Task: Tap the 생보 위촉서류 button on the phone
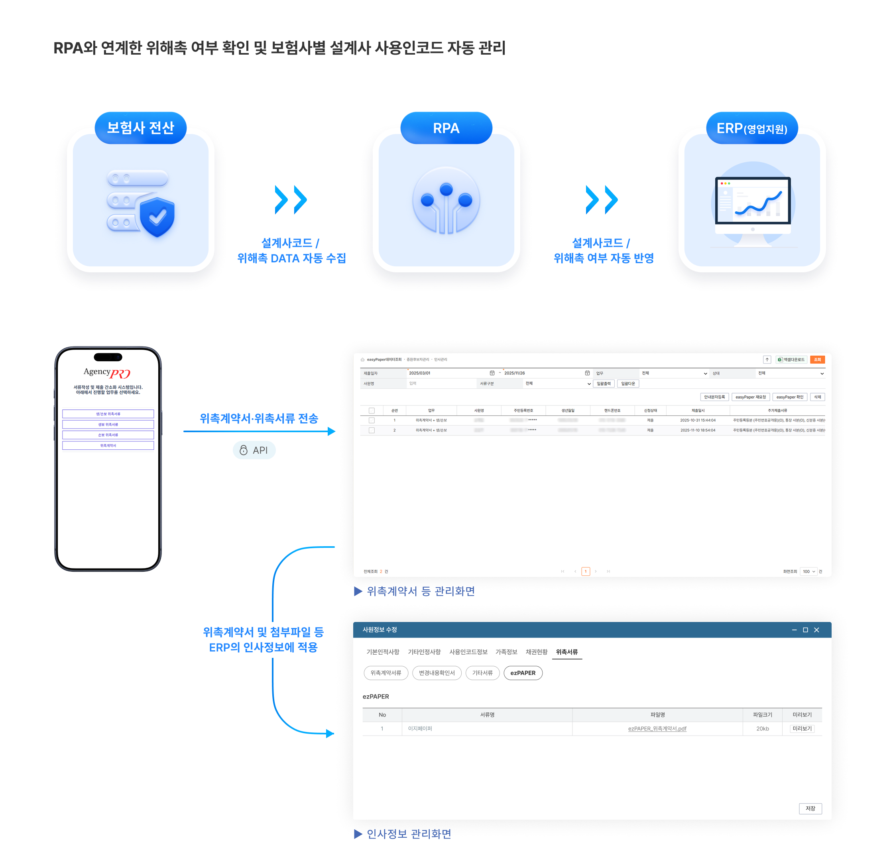click(108, 424)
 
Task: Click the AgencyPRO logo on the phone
click(107, 373)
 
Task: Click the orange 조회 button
click(817, 360)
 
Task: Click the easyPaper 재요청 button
click(750, 397)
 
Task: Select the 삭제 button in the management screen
click(817, 397)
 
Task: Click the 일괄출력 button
click(604, 384)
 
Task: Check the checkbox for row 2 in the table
click(372, 430)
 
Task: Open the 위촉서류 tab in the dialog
click(567, 652)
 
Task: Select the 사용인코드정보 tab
click(468, 652)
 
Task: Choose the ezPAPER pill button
click(523, 673)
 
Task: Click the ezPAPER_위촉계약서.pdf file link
click(657, 728)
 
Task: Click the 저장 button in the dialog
click(810, 809)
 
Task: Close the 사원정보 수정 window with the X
click(816, 630)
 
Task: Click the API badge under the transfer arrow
click(254, 450)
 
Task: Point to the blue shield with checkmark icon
click(157, 217)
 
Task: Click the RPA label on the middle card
click(446, 128)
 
